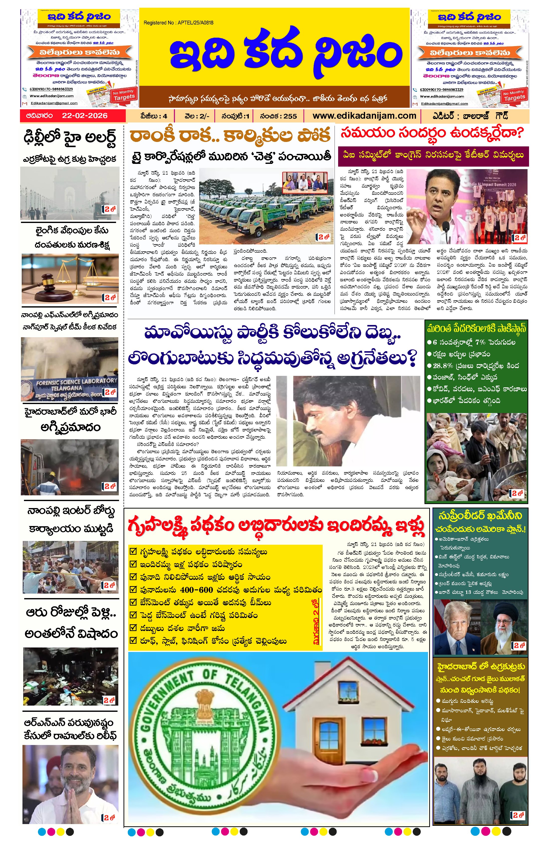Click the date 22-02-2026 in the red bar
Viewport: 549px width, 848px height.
coord(85,116)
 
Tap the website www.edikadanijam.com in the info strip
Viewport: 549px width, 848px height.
coord(364,116)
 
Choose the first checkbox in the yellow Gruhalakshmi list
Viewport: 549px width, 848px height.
coord(133,551)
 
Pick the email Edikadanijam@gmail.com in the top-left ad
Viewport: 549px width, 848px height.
coord(54,103)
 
